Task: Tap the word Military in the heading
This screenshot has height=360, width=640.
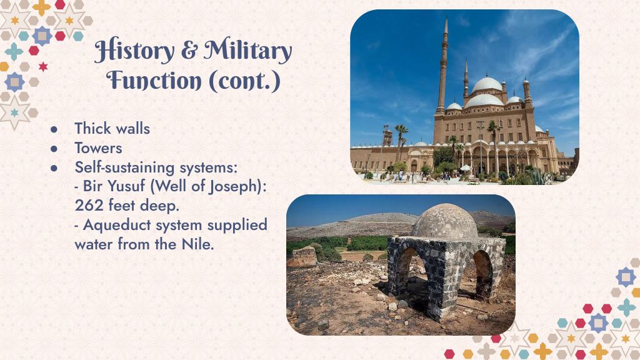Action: tap(248, 51)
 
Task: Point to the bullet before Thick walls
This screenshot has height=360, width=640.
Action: tap(54, 129)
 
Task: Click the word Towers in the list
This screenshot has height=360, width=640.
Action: tap(98, 148)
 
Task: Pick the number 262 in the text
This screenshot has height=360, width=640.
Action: tap(89, 205)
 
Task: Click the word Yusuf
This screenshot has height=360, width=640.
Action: tap(127, 186)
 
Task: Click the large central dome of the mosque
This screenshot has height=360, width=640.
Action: tap(486, 84)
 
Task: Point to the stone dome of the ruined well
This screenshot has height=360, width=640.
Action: tap(445, 222)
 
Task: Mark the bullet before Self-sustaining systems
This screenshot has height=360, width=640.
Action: tap(54, 168)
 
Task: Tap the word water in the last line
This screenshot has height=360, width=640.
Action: tap(94, 245)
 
